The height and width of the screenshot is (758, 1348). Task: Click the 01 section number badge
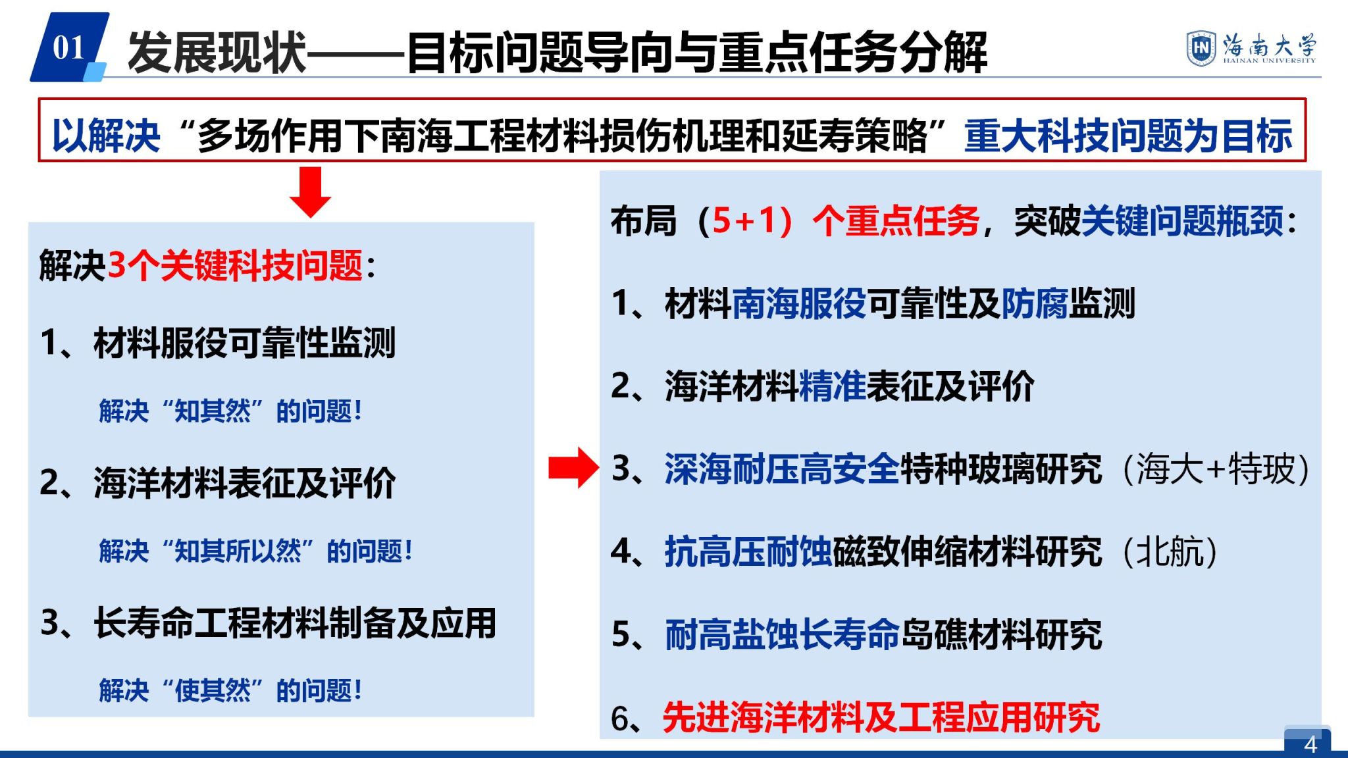point(69,47)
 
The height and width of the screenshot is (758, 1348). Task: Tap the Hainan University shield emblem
point(1201,47)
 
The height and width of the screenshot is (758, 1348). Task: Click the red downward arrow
point(310,192)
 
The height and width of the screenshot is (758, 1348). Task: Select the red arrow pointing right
point(573,468)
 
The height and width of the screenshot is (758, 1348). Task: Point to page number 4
point(1310,744)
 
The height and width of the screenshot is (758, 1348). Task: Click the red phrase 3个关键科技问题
point(235,266)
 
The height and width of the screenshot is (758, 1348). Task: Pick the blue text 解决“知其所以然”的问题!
point(256,551)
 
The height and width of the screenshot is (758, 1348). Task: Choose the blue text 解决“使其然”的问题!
point(230,690)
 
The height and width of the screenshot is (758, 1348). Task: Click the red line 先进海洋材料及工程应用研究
point(881,717)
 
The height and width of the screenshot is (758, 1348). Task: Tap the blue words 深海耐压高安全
point(782,469)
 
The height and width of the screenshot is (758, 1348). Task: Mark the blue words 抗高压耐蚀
point(748,552)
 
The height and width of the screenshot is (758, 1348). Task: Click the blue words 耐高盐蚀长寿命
point(782,635)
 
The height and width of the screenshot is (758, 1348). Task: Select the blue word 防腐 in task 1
point(1035,303)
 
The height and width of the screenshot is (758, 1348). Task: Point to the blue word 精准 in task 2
point(832,386)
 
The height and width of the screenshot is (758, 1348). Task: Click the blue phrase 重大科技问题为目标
point(1128,136)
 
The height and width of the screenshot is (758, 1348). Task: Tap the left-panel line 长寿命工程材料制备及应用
point(295,623)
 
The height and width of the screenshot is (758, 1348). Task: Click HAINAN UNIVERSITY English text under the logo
point(1270,61)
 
